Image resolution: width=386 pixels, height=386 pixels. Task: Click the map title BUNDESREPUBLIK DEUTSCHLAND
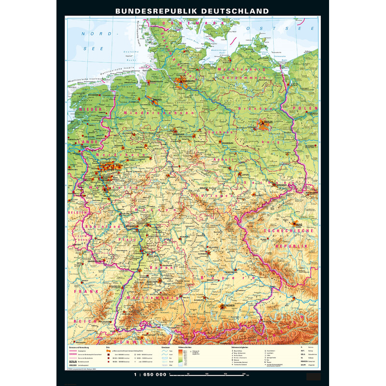pos(192,10)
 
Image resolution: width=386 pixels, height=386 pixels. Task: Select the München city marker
pos(225,306)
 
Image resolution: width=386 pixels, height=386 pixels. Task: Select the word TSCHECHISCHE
pos(289,231)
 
